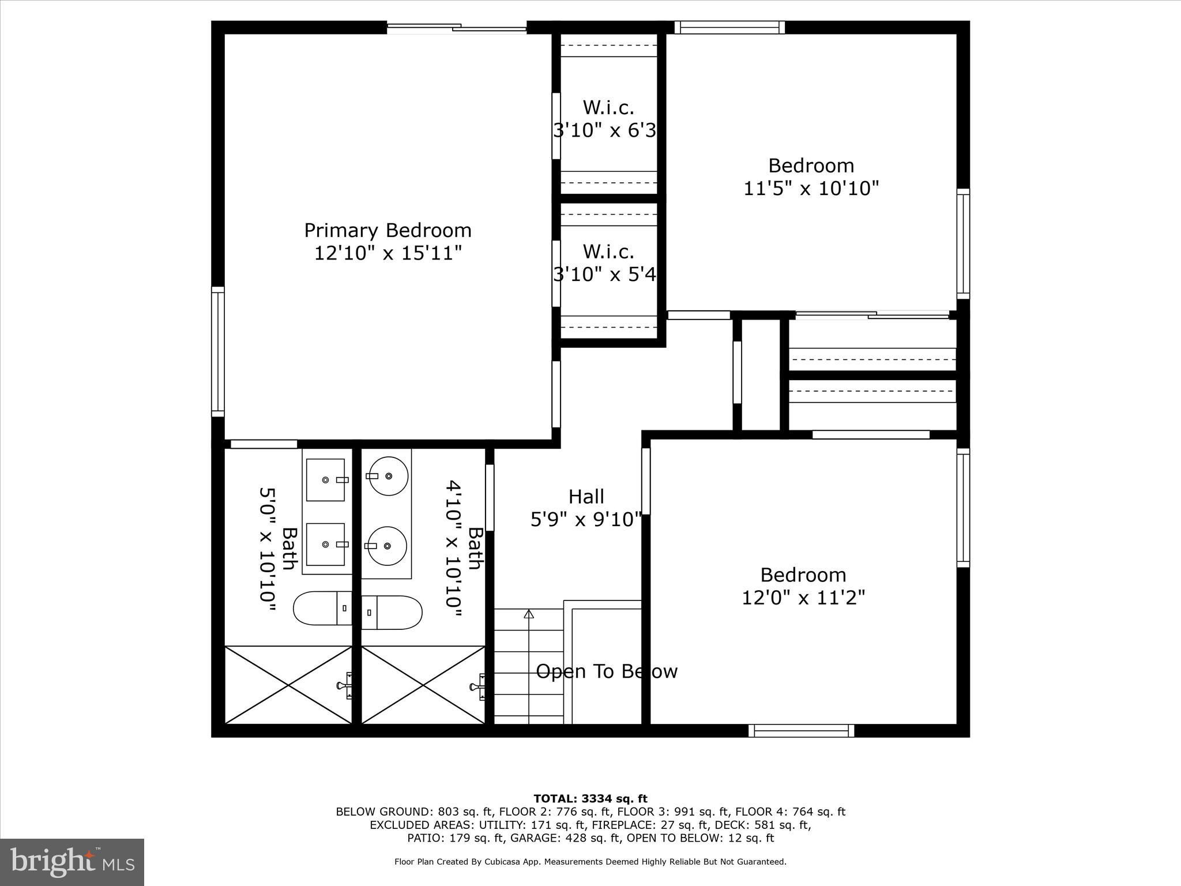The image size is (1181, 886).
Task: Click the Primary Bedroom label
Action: click(388, 231)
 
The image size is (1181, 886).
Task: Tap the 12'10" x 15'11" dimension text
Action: click(388, 253)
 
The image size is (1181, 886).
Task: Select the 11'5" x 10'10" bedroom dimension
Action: click(811, 189)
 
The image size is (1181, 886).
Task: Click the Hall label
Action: click(586, 497)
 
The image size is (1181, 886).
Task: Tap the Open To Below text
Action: click(607, 671)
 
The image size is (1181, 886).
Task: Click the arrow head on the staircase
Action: click(529, 614)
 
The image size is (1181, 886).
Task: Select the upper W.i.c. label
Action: click(608, 108)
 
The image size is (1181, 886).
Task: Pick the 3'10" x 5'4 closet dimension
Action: click(605, 275)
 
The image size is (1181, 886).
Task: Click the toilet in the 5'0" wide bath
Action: click(322, 608)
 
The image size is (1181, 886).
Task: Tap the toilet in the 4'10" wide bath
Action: click(392, 613)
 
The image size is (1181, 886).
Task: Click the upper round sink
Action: click(388, 476)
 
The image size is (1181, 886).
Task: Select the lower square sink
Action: click(326, 545)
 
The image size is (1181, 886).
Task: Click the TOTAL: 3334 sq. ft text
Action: click(590, 799)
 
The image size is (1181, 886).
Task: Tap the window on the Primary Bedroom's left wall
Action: click(217, 352)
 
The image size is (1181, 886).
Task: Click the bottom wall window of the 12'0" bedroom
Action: click(802, 731)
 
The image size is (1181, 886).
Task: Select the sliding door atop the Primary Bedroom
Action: click(457, 27)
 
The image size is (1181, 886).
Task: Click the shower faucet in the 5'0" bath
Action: click(344, 685)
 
